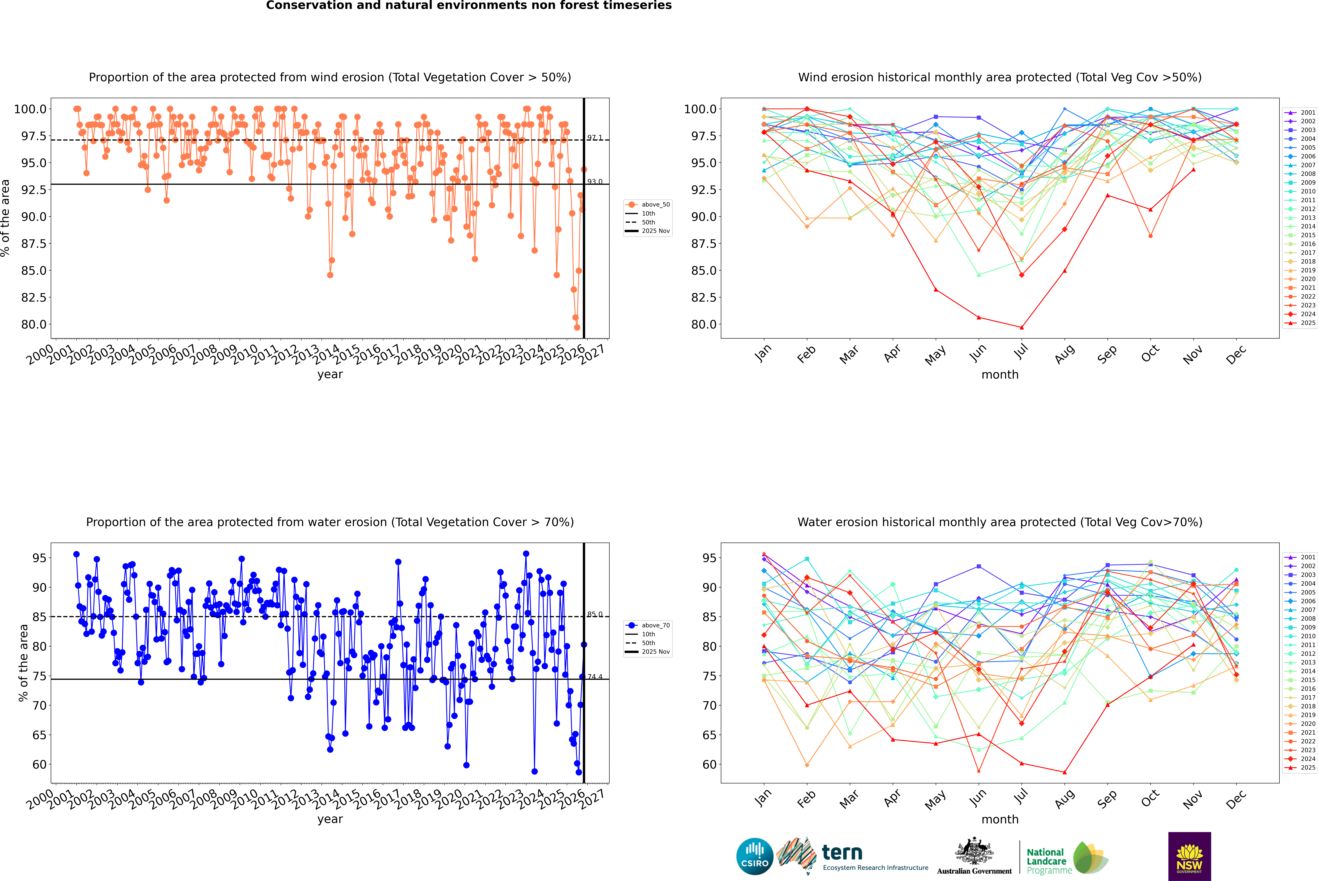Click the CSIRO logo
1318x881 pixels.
click(x=755, y=856)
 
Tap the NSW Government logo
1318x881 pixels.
click(x=1189, y=856)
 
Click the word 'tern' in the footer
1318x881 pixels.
click(x=842, y=852)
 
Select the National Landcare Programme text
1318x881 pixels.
click(x=1046, y=861)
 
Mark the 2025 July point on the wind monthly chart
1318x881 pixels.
click(x=1021, y=328)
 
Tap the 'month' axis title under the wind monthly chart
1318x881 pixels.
click(x=999, y=375)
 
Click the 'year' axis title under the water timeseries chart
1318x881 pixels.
click(x=330, y=819)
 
